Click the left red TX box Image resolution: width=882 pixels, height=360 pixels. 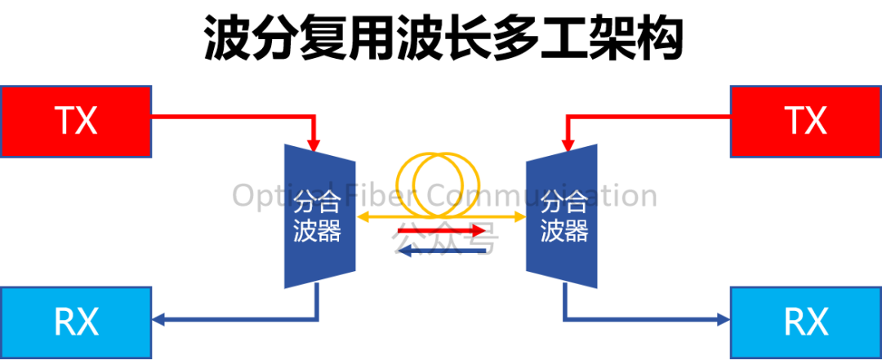[76, 122]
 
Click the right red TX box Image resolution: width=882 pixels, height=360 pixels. [805, 122]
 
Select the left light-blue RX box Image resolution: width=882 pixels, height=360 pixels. [76, 322]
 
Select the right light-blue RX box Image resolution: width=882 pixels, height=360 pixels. [805, 322]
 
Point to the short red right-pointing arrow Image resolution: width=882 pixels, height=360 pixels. [441, 231]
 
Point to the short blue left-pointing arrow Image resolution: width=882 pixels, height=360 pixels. [441, 251]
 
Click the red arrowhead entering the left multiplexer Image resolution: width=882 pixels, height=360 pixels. [314, 144]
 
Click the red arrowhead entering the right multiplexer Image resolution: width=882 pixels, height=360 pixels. [568, 144]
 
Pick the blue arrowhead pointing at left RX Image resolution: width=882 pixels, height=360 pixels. [159, 321]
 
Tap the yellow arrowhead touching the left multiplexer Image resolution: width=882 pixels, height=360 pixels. [363, 217]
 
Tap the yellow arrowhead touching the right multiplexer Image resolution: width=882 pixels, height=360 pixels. [519, 217]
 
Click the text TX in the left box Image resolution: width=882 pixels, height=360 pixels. [76, 122]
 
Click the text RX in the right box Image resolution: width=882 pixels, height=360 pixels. [805, 322]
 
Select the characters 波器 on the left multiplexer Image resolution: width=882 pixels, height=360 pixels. [317, 230]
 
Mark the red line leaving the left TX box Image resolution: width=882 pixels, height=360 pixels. [229, 116]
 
